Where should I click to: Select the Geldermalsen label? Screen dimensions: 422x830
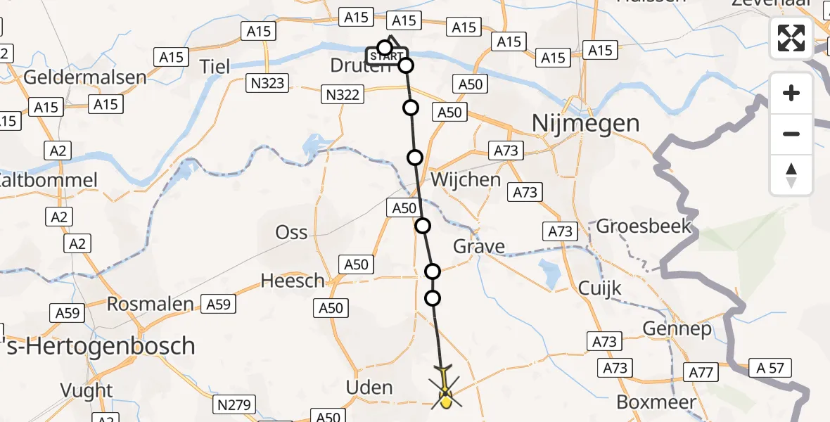click(85, 77)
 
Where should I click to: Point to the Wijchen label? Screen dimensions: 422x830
click(466, 179)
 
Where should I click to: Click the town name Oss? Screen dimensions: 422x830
click(292, 232)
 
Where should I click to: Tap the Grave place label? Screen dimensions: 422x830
click(479, 246)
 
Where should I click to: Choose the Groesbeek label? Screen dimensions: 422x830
click(644, 226)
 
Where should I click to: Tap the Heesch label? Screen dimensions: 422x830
click(293, 281)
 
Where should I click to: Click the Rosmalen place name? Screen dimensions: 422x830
click(150, 304)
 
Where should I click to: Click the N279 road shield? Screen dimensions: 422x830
click(234, 404)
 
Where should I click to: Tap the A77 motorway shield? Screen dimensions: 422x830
click(701, 373)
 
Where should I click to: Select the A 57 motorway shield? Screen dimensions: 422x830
click(770, 367)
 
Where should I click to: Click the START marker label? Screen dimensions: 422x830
click(385, 56)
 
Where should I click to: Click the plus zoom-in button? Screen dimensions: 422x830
click(791, 93)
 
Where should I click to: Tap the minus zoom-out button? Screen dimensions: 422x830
click(791, 134)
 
